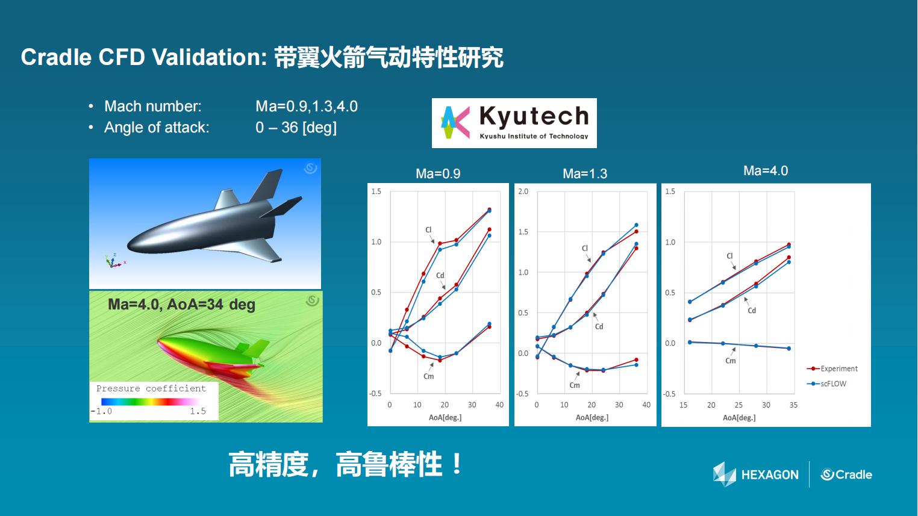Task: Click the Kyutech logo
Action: (x=514, y=123)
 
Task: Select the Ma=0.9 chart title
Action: (x=438, y=173)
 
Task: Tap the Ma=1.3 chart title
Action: (x=585, y=173)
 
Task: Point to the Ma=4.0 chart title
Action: (x=766, y=171)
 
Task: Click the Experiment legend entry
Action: (x=832, y=368)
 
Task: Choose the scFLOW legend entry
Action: (x=826, y=384)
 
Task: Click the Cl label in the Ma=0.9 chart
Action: (x=428, y=230)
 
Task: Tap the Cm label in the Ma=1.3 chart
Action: (x=575, y=385)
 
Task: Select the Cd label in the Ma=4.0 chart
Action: (x=752, y=311)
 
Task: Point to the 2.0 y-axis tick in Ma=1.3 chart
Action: (x=523, y=191)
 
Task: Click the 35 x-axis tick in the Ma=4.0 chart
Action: (x=793, y=405)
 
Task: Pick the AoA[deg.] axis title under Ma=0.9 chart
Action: (x=445, y=418)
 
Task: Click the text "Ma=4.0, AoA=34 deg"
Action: (x=181, y=305)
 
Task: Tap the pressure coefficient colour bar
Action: (x=151, y=402)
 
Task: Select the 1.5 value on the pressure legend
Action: (x=198, y=411)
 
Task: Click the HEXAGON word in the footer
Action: (x=770, y=475)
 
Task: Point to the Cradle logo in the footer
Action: (x=846, y=474)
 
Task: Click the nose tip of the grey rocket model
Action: (x=128, y=246)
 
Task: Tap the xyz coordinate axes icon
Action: (x=114, y=261)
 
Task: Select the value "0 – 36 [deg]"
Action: (x=296, y=128)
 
